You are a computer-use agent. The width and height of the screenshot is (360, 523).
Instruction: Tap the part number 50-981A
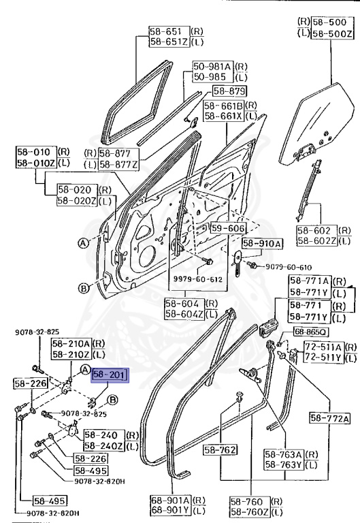[210, 65]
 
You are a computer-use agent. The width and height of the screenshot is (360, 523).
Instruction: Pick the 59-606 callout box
[227, 229]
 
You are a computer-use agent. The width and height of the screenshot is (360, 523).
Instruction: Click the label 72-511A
[323, 346]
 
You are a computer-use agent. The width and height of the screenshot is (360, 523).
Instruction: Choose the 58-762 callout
[220, 449]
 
